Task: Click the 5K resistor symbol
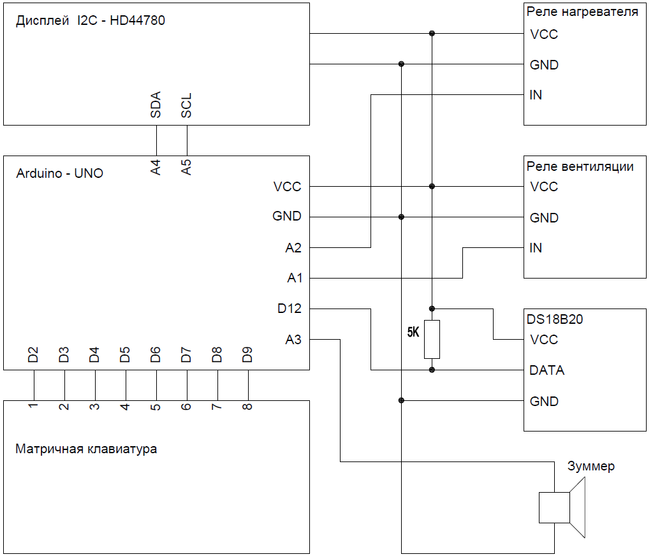click(432, 339)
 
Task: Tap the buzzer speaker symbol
click(562, 507)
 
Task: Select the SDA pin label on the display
click(156, 105)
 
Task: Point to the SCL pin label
click(186, 105)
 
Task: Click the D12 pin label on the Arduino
click(289, 309)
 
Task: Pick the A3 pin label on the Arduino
click(293, 340)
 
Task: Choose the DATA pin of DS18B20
click(547, 370)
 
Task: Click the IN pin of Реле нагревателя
click(536, 95)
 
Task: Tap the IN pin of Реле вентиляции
click(536, 248)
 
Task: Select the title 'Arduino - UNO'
click(59, 173)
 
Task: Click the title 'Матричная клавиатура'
click(86, 449)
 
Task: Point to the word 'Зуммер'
click(591, 466)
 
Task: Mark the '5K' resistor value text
click(413, 332)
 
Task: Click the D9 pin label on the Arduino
click(247, 354)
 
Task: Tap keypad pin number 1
click(33, 405)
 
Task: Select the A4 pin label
click(156, 168)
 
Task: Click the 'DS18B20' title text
click(555, 319)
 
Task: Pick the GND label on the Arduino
click(287, 216)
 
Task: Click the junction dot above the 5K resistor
click(432, 309)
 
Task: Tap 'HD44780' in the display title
click(138, 20)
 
